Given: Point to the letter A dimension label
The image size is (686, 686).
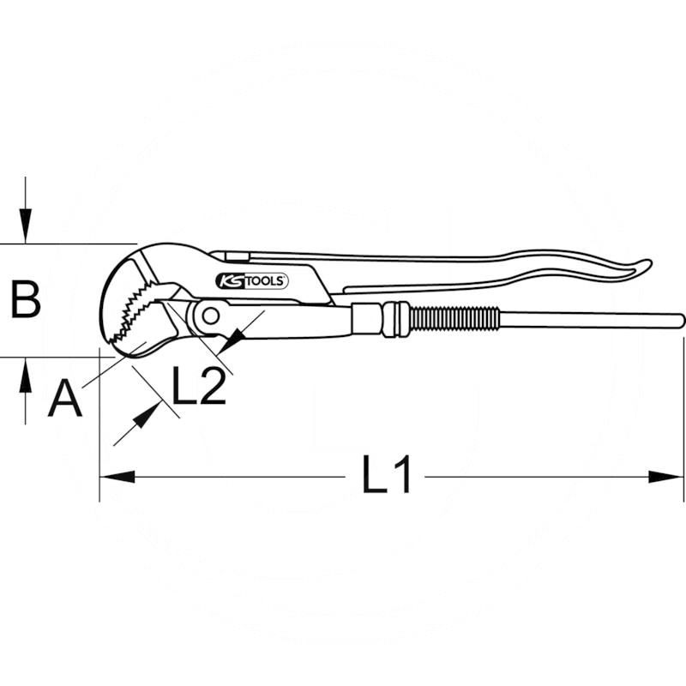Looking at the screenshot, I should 64,399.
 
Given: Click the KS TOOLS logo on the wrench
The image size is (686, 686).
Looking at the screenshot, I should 250,280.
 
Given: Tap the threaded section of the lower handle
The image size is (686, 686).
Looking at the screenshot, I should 454,320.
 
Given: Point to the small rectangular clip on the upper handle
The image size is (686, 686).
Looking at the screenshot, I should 230,256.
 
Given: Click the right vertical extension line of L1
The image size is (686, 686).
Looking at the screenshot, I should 684,412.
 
